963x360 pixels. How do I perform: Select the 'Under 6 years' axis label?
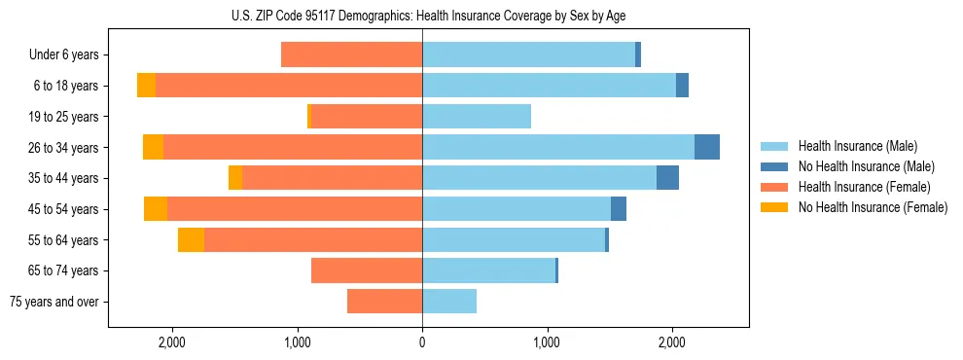pyautogui.click(x=70, y=55)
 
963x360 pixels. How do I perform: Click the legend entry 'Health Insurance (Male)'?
pyautogui.click(x=857, y=146)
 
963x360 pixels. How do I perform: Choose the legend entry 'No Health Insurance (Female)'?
pyautogui.click(x=873, y=207)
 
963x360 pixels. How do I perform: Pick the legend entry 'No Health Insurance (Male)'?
pyautogui.click(x=866, y=166)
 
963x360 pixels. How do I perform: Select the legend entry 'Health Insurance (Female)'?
pyautogui.click(x=864, y=187)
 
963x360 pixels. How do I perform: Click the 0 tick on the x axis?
pyautogui.click(x=422, y=342)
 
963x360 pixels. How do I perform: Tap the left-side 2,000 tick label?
pyautogui.click(x=171, y=342)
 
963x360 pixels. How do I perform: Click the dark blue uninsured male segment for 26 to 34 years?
pyautogui.click(x=707, y=147)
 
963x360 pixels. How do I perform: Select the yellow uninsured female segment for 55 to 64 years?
pyautogui.click(x=191, y=239)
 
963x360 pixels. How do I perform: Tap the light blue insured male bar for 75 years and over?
pyautogui.click(x=449, y=302)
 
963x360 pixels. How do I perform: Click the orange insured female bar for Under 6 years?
pyautogui.click(x=351, y=55)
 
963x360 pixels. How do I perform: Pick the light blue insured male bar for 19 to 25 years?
pyautogui.click(x=477, y=117)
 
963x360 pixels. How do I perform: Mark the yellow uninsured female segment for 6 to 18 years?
pyautogui.click(x=146, y=86)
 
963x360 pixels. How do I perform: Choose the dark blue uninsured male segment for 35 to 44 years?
pyautogui.click(x=667, y=178)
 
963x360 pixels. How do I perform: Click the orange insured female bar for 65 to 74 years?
pyautogui.click(x=367, y=270)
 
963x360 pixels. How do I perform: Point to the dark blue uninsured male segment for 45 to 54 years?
pyautogui.click(x=619, y=209)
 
